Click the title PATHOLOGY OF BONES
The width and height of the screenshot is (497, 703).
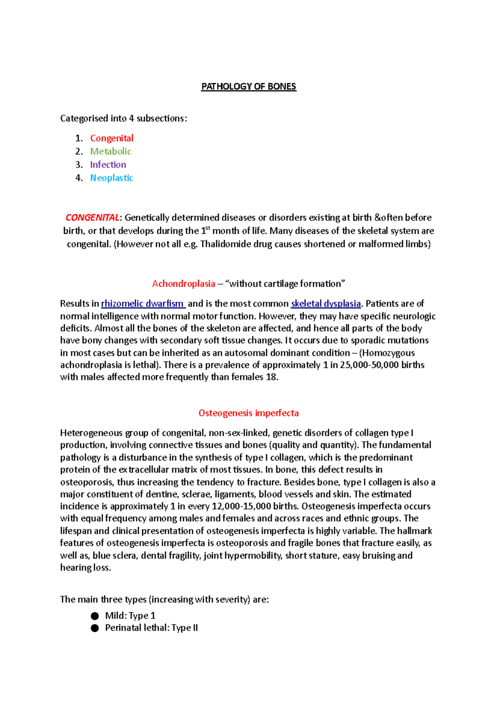(x=248, y=87)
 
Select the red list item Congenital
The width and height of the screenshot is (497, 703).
(x=112, y=138)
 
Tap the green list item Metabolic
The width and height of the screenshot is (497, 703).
(x=111, y=151)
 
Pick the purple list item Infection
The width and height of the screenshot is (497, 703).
(x=108, y=164)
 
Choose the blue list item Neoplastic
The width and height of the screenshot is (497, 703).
(x=111, y=178)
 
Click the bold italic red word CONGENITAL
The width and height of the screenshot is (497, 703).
(x=92, y=217)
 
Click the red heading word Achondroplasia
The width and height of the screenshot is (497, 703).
(x=183, y=284)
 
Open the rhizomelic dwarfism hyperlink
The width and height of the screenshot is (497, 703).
(x=143, y=303)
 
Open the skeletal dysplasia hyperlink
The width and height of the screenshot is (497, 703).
(x=326, y=303)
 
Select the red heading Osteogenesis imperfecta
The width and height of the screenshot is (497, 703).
(x=248, y=413)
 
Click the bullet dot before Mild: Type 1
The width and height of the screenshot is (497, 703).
(x=95, y=616)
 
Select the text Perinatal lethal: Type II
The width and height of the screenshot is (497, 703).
(x=151, y=628)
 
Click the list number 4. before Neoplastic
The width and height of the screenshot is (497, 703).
(x=79, y=178)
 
